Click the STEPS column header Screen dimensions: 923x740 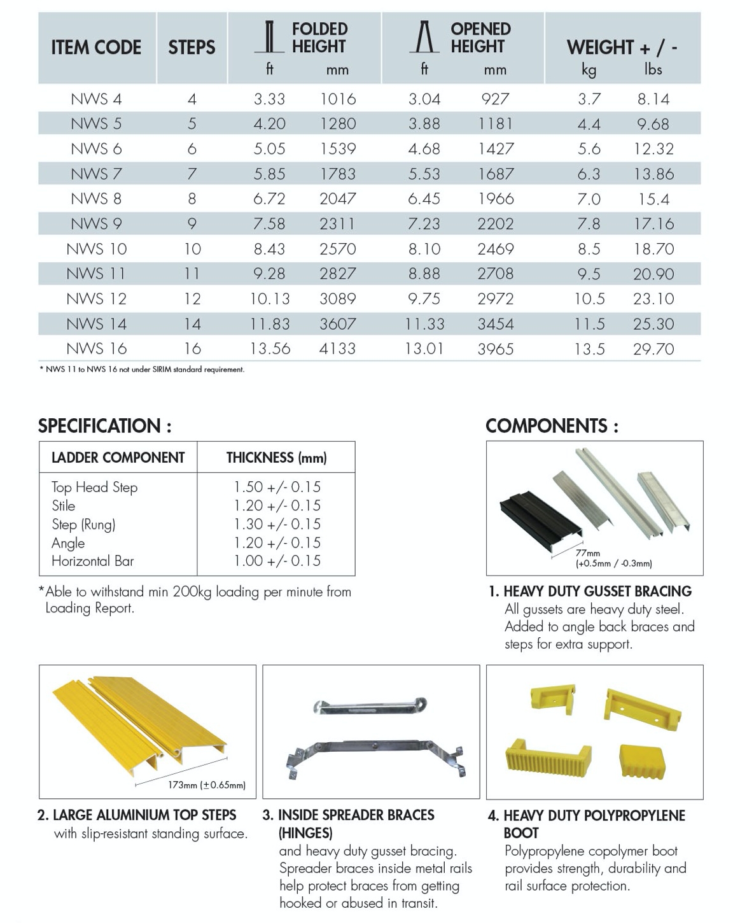[192, 47]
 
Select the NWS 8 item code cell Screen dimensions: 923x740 [96, 199]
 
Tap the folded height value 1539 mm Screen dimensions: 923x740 [337, 149]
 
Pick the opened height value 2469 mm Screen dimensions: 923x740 [495, 249]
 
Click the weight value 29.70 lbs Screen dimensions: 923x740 [653, 349]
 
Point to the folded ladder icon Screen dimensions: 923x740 [270, 37]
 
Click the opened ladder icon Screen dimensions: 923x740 [424, 37]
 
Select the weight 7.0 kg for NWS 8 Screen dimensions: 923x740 [589, 199]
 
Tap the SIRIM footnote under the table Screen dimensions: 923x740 [142, 369]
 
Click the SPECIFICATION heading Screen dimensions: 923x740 [105, 426]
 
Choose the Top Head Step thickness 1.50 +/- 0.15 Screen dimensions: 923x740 [277, 487]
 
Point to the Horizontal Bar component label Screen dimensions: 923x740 [93, 561]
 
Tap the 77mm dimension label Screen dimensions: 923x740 [588, 553]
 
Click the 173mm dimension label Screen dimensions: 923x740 [206, 785]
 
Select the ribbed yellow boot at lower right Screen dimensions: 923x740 [641, 761]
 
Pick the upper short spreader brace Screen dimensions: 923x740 [370, 706]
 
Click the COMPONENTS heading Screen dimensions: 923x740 [552, 426]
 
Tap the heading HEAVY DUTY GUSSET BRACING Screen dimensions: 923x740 [597, 591]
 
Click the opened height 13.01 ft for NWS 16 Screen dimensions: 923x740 [424, 349]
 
